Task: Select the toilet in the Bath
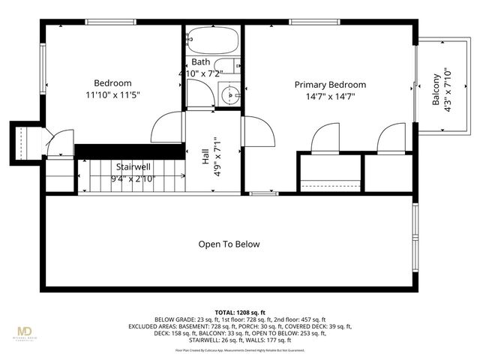(224, 67)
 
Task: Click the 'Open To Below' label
(229, 244)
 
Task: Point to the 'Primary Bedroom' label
(330, 85)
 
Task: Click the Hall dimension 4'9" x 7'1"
(217, 157)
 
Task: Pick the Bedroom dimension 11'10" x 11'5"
(112, 95)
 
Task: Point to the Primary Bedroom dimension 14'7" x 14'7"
(330, 96)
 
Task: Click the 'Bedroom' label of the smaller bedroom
(112, 83)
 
